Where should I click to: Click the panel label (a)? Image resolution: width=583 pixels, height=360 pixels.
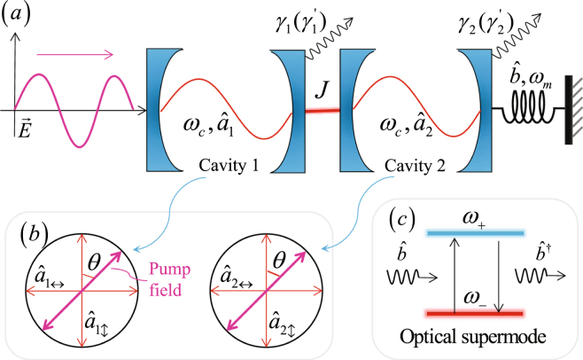20,16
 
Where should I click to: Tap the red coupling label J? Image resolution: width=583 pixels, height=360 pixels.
324,91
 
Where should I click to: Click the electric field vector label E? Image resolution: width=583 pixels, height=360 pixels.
25,130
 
